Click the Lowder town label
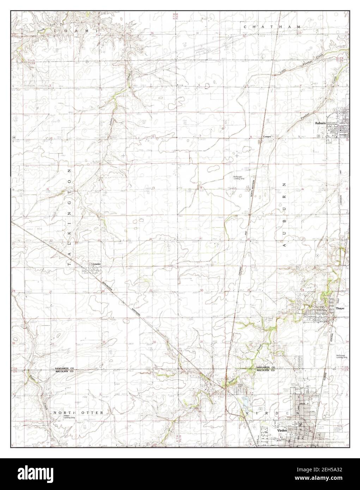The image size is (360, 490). pyautogui.click(x=97, y=264)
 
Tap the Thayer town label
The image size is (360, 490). pyautogui.click(x=340, y=308)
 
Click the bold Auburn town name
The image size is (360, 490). pyautogui.click(x=321, y=123)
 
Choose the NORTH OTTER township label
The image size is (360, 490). pyautogui.click(x=78, y=412)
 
